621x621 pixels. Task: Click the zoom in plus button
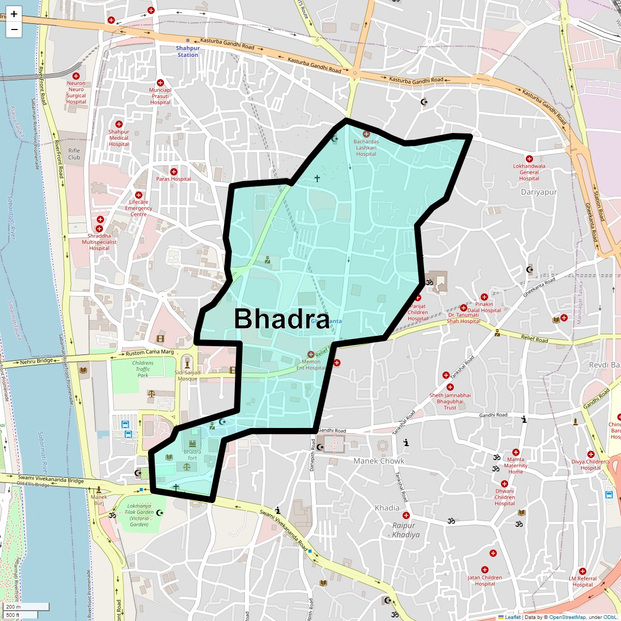click(x=14, y=14)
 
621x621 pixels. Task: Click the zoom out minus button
click(x=14, y=29)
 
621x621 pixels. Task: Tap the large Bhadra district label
click(x=282, y=319)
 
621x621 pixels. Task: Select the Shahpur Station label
click(x=187, y=51)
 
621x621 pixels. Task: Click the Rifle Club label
click(x=74, y=154)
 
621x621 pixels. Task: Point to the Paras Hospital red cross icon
click(x=174, y=172)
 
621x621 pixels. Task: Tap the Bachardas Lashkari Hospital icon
click(x=366, y=135)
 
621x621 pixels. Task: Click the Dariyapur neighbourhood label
click(x=539, y=192)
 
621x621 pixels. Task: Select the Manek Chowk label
click(x=379, y=461)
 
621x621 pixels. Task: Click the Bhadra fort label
click(x=192, y=455)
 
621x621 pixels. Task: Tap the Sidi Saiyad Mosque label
click(x=187, y=375)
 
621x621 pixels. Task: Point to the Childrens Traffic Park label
click(x=143, y=369)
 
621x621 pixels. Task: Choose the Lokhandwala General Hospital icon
click(x=529, y=159)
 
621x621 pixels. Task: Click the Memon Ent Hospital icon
click(x=311, y=354)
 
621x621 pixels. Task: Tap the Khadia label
click(x=387, y=508)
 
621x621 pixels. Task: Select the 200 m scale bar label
click(x=14, y=607)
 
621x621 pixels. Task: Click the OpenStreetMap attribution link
click(x=567, y=617)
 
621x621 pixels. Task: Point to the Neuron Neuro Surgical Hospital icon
click(x=76, y=76)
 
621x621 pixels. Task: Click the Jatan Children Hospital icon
click(x=485, y=570)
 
